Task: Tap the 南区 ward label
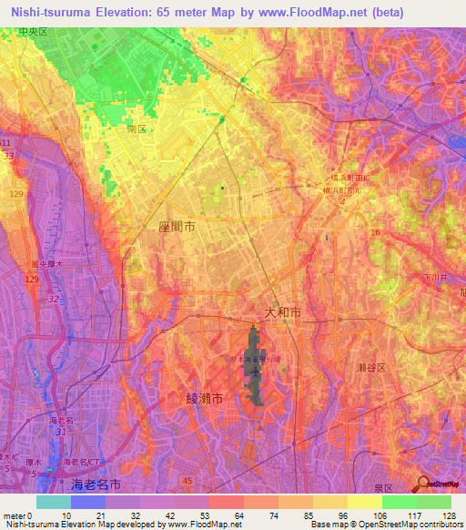click(x=137, y=130)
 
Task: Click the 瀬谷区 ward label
click(x=370, y=366)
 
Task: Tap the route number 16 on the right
click(x=373, y=234)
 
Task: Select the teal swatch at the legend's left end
click(x=54, y=502)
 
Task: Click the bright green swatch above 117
click(x=399, y=502)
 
